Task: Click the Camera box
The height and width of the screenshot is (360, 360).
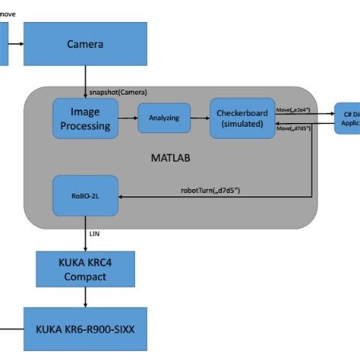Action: coord(85,44)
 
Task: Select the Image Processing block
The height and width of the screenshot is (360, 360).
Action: coord(86,118)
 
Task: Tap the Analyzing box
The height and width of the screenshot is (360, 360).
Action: coord(163,118)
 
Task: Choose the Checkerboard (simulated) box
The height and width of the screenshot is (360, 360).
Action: coord(242,118)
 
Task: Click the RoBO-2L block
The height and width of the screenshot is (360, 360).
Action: coord(85,196)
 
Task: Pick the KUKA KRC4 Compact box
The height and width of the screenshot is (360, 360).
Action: coord(85,270)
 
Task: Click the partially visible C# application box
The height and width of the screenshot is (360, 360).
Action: coord(348,118)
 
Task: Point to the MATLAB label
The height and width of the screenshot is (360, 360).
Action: coord(175,159)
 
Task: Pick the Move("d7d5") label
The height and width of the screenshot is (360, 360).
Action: coord(294,129)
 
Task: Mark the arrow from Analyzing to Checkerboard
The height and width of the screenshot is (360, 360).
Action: coord(200,118)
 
